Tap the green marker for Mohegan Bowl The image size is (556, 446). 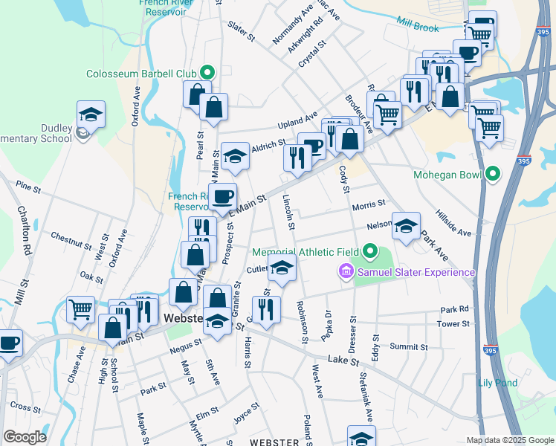pos(492,175)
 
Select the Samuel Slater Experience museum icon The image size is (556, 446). pos(346,271)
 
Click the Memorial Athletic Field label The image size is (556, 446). pos(306,253)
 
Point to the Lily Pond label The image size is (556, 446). pos(497,383)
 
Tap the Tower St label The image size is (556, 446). pos(453,323)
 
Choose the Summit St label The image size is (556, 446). pos(409,346)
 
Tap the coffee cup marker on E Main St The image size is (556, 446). pos(222,196)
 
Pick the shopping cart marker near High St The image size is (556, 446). pos(80,308)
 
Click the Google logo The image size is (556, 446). pos(25,437)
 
